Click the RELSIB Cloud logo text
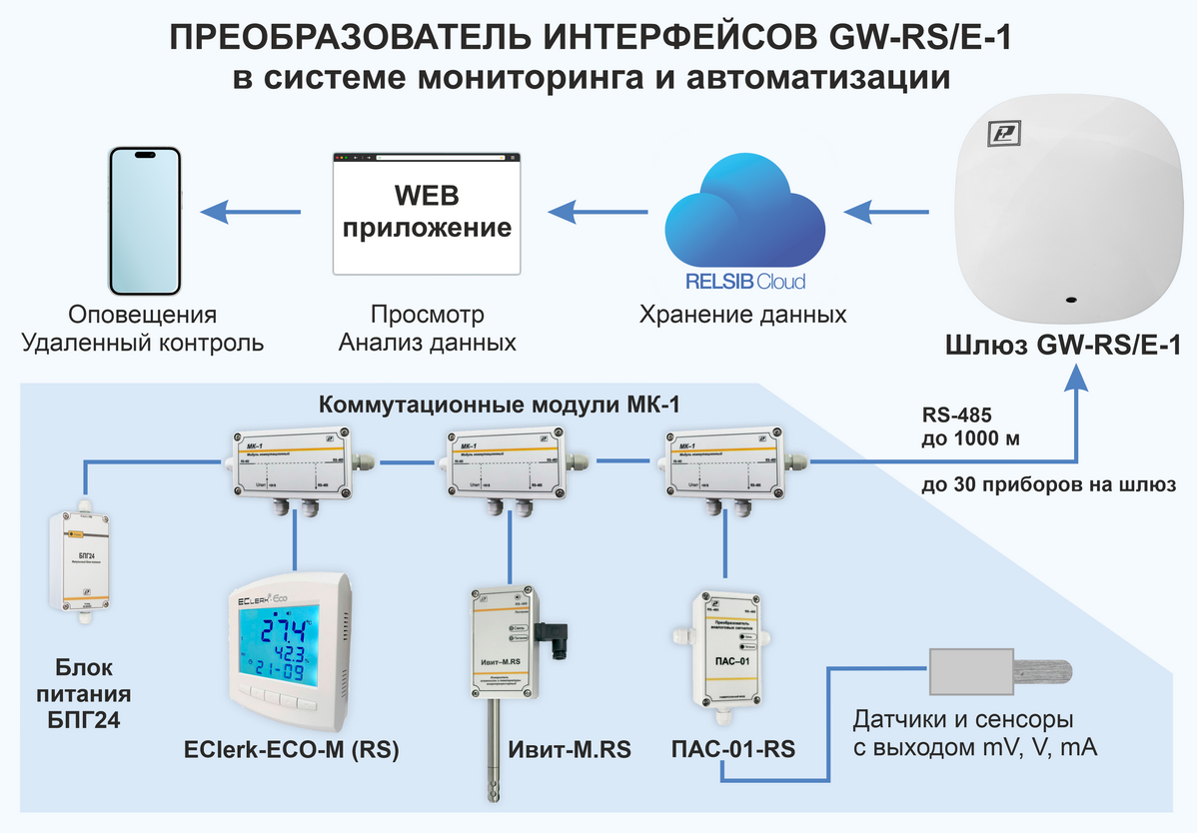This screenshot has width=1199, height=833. pyautogui.click(x=745, y=282)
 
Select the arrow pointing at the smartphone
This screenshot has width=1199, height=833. pyautogui.click(x=250, y=211)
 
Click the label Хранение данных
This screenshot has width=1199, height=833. pyautogui.click(x=743, y=316)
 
